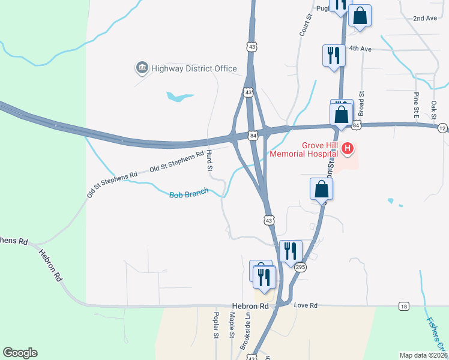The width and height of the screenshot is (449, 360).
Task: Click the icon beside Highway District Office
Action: click(142, 68)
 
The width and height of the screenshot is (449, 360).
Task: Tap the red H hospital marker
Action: click(346, 148)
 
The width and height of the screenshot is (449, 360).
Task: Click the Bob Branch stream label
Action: click(188, 194)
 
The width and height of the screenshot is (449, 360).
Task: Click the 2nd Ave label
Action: click(425, 19)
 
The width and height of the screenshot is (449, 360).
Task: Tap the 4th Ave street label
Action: click(361, 49)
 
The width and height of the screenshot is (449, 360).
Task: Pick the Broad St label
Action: click(361, 103)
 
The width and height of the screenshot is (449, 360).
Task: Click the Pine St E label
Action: click(415, 103)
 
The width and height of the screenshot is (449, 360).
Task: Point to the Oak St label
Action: click(433, 110)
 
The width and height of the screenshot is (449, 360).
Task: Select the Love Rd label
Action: click(306, 306)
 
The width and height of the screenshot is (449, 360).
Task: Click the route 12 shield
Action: click(442, 128)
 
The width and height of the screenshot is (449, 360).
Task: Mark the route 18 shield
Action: click(404, 307)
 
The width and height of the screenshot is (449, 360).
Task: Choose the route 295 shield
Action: click(301, 266)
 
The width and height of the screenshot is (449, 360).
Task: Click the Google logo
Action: click(20, 353)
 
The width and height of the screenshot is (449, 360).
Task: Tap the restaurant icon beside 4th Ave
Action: click(332, 55)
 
